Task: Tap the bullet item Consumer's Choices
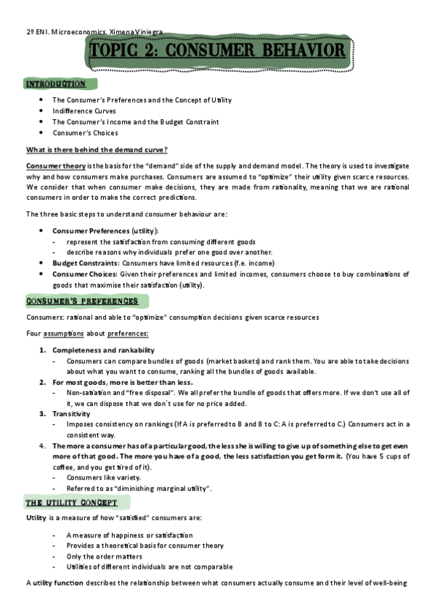pyautogui.click(x=85, y=133)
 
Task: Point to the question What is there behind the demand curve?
pyautogui.click(x=97, y=150)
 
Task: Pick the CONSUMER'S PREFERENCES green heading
pyautogui.click(x=82, y=301)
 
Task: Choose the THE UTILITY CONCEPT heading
pyautogui.click(x=72, y=503)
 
